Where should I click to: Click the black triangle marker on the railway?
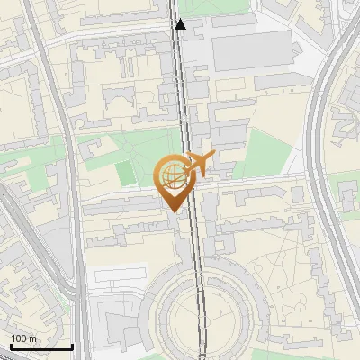(181, 24)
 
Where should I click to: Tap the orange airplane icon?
(199, 164)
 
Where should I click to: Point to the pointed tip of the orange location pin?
(172, 212)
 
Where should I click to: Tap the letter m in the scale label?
(31, 338)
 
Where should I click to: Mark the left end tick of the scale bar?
(11, 346)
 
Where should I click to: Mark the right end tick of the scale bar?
(72, 346)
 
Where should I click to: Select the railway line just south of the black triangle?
(184, 72)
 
